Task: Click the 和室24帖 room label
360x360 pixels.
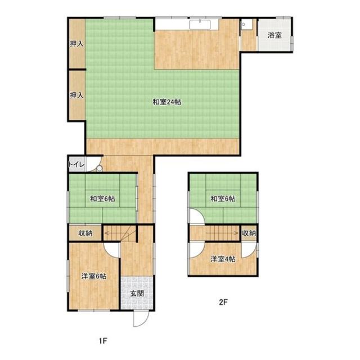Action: point(167,102)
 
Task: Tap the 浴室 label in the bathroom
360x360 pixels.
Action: point(274,35)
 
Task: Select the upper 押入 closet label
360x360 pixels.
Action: point(76,44)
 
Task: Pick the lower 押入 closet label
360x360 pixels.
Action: point(76,95)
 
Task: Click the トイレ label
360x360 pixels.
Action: point(76,164)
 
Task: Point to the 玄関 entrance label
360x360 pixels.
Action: point(137,294)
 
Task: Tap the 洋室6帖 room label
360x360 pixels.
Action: point(94,276)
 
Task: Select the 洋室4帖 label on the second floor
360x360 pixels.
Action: point(223,259)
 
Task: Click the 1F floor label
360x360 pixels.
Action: point(103,341)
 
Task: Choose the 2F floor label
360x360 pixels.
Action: point(223,302)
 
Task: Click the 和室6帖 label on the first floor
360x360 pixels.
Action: point(102,199)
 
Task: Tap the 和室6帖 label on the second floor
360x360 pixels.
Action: point(223,199)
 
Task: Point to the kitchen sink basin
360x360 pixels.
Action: point(200,25)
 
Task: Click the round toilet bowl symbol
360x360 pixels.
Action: point(99,168)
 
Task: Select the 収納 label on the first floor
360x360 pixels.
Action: point(85,233)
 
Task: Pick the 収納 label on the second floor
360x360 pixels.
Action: point(249,233)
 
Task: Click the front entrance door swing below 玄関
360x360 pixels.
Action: point(141,319)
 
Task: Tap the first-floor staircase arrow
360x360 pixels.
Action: point(117,233)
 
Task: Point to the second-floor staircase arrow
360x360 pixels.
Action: point(222,233)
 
